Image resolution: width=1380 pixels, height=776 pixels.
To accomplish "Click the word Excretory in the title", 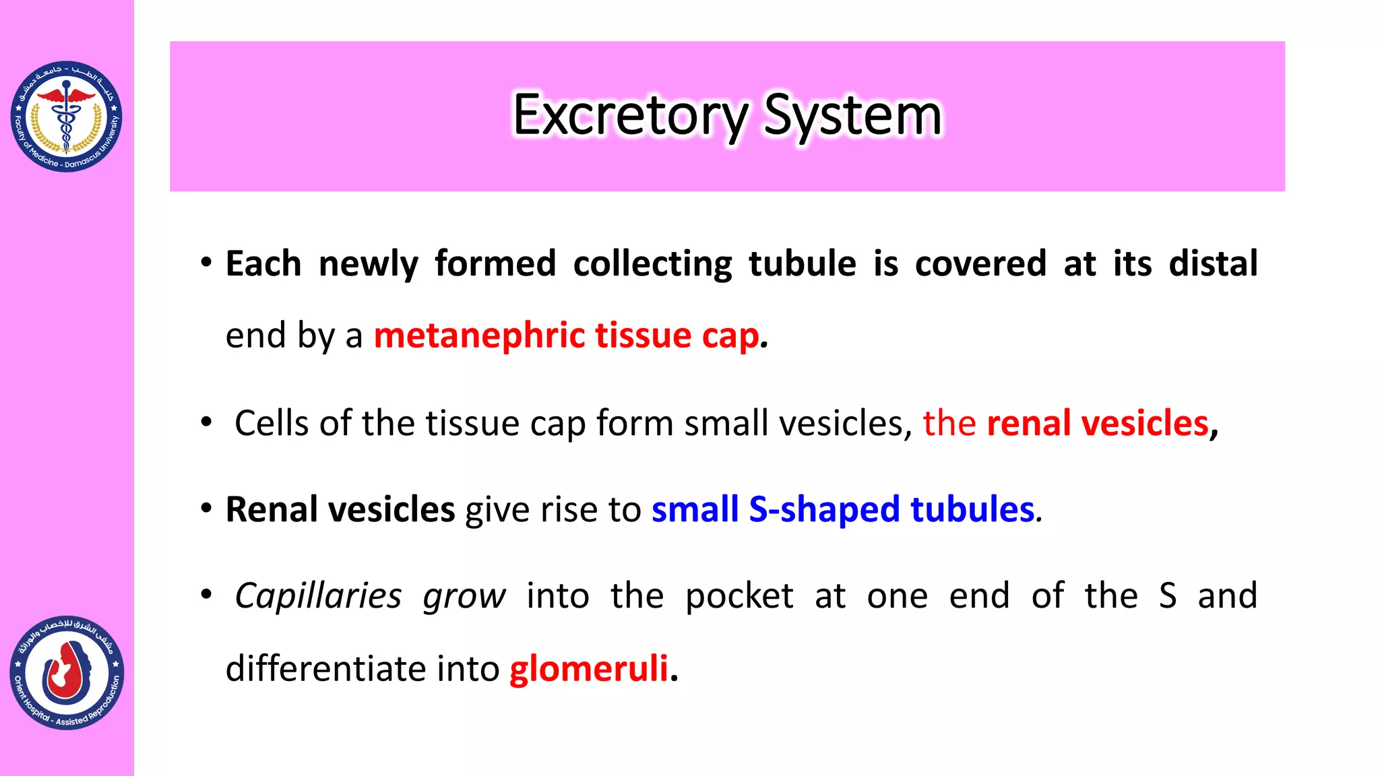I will pos(630,115).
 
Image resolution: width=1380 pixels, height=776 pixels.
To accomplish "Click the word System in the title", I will pos(852,115).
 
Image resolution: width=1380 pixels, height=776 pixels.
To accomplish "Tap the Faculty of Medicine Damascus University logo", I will pos(66,116).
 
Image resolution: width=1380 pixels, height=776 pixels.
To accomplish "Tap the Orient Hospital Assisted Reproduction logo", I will pos(67,673).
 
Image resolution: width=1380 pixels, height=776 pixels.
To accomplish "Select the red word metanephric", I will pos(479,335).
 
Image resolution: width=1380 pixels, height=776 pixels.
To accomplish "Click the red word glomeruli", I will pos(589,668).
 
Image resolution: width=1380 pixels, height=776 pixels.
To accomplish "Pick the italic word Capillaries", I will pos(318,596).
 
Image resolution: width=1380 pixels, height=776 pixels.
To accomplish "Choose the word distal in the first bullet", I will pos(1213,263).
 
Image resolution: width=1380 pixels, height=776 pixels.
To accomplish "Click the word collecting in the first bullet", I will pos(652,263).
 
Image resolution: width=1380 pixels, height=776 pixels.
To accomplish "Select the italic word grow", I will pos(464,596).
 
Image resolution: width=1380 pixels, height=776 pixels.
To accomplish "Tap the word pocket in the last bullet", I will pos(739,596).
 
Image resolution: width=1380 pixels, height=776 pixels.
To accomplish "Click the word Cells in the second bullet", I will pos(272,423).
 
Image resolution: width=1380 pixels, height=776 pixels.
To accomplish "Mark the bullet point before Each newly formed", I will pos(206,262).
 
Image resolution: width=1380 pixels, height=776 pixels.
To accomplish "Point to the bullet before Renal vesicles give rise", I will pos(206,508).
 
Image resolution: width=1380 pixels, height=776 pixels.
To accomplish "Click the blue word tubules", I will pos(972,509).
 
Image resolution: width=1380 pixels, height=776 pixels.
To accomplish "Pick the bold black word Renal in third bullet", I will pos(272,509).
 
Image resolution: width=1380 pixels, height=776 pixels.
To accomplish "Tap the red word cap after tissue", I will pos(730,335).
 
